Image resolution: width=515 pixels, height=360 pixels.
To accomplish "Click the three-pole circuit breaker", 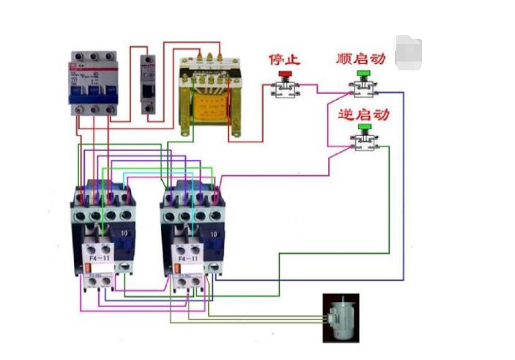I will point(94,82).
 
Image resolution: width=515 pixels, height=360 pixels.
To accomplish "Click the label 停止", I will point(284,58).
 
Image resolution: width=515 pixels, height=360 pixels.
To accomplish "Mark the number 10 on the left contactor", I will point(125,233).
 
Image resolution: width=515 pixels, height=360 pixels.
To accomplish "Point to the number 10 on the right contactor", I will point(214,233).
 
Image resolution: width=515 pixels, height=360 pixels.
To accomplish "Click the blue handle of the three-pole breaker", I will point(94,94).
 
